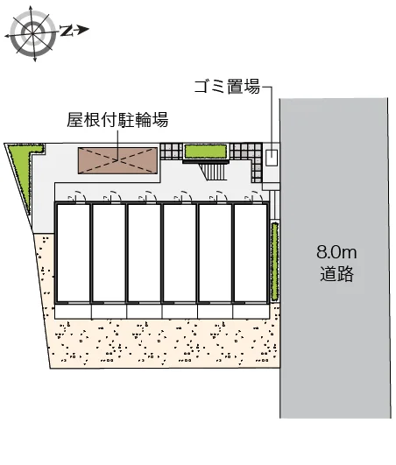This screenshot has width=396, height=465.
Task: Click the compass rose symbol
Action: (32, 33)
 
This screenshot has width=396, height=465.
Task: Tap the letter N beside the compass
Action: (67, 31)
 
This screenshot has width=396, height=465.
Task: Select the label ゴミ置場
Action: (227, 87)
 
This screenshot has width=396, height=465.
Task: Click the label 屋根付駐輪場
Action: (117, 119)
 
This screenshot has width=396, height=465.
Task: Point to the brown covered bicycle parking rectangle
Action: (117, 160)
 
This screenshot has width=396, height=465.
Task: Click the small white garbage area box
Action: (272, 158)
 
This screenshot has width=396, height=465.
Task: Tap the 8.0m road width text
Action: (336, 252)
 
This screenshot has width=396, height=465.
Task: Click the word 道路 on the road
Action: (336, 273)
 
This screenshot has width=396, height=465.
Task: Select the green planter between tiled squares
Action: (206, 151)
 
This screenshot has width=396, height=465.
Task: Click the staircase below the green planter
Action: (215, 172)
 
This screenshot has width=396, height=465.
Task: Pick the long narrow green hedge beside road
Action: (275, 262)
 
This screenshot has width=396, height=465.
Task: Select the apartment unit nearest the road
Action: (251, 253)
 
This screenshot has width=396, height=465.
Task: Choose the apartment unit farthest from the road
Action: (73, 253)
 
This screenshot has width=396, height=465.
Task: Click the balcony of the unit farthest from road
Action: (73, 312)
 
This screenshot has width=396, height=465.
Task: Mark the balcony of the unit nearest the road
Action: (251, 312)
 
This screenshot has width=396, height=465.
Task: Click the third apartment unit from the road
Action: (180, 253)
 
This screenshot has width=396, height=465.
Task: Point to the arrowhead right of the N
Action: (84, 30)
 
